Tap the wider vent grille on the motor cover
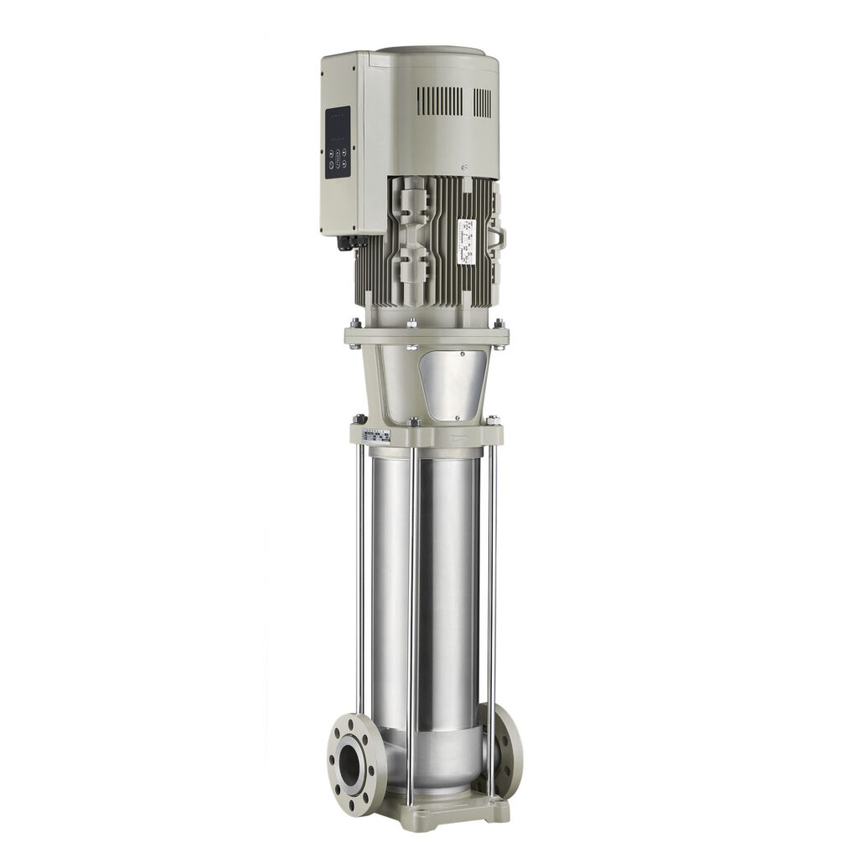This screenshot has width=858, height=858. [x=439, y=101]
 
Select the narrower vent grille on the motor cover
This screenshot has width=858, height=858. [x=483, y=102]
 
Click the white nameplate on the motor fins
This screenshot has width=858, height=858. [x=465, y=243]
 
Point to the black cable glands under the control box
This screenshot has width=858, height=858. [x=348, y=241]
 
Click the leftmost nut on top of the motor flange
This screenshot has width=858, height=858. [x=356, y=323]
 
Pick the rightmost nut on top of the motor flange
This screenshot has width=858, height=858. [x=499, y=324]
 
